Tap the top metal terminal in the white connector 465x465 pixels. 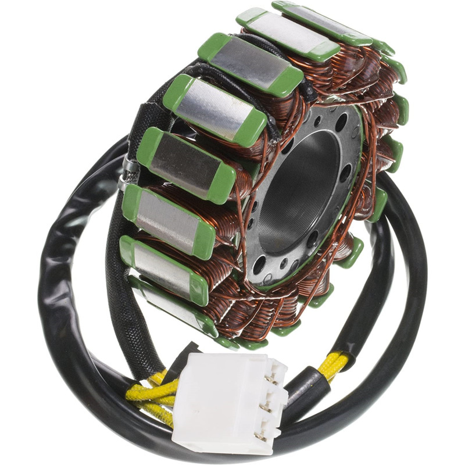pyautogui.click(x=271, y=379)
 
